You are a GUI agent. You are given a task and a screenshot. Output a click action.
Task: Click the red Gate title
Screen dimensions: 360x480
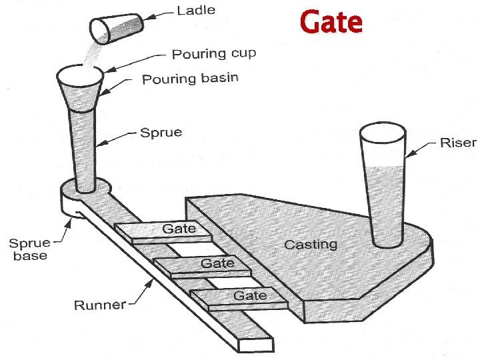coord(331,22)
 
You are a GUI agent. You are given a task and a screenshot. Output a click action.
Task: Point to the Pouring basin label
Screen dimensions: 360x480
coord(190,79)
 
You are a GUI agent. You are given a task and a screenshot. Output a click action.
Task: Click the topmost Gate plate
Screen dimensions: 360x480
coord(163,230)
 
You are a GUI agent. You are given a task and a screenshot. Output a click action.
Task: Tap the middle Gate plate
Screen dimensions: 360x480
coord(203,265)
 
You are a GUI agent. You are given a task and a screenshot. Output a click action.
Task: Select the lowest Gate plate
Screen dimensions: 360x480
coord(239,297)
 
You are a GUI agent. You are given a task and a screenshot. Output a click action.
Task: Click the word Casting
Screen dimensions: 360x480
coord(311,244)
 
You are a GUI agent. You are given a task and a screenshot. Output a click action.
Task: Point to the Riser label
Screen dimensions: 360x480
coord(458,143)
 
